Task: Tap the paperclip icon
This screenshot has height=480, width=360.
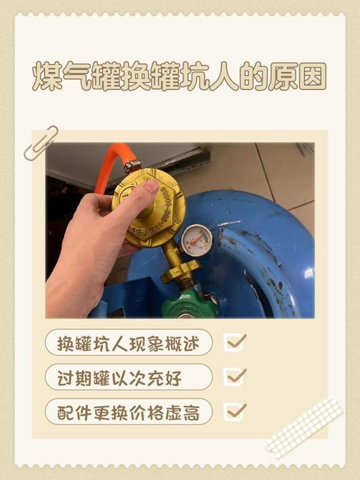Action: click(40, 142)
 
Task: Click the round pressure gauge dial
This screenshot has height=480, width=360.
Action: click(197, 240)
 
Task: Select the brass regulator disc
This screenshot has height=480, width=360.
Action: click(150, 207)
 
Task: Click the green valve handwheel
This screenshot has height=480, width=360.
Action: click(189, 304)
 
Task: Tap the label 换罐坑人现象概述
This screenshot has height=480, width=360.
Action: click(129, 343)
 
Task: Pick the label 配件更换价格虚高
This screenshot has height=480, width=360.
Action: click(129, 412)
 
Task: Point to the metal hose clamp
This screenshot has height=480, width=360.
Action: click(132, 166)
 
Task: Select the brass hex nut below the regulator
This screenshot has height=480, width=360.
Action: click(180, 271)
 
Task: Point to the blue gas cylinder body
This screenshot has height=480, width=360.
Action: click(266, 252)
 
